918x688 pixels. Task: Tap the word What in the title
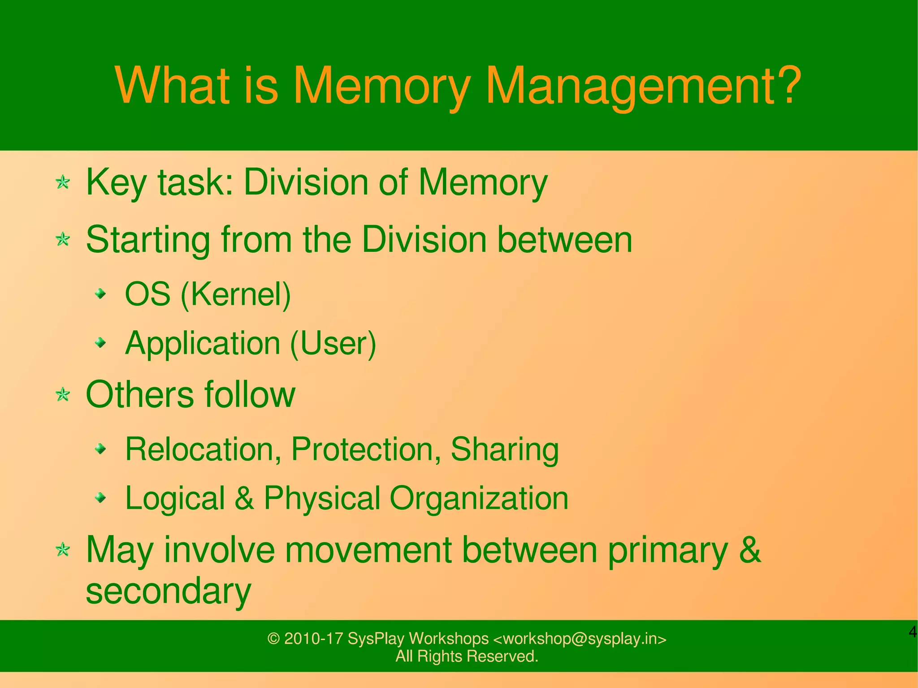173,85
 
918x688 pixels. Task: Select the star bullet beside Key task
63,182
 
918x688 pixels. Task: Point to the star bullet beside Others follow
63,395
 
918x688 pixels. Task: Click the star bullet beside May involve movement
63,550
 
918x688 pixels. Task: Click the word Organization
479,498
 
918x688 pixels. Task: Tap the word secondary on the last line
169,591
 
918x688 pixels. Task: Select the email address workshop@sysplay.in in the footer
580,639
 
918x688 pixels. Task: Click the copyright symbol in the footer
273,639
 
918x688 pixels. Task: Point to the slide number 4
913,632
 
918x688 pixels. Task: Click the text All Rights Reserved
467,657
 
